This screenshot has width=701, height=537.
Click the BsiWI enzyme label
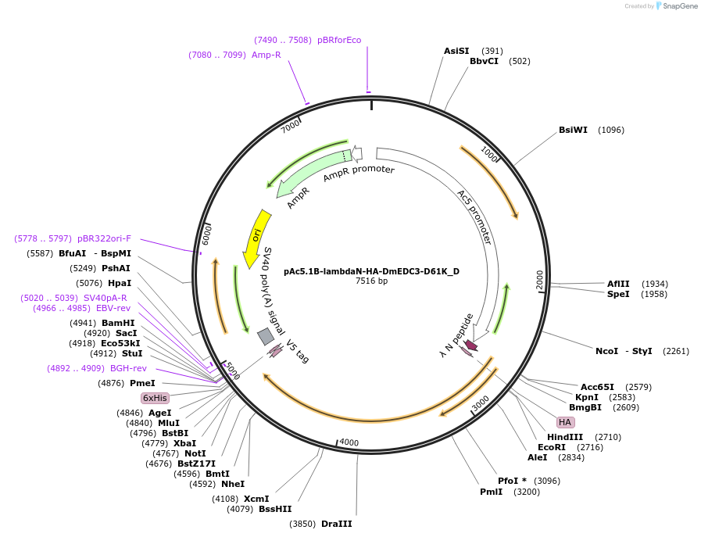(x=573, y=130)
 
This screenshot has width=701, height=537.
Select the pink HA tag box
(x=564, y=422)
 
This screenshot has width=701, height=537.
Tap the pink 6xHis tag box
(x=155, y=398)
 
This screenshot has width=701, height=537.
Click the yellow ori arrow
(x=256, y=237)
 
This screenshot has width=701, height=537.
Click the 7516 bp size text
(x=371, y=281)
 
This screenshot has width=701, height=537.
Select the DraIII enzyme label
(x=337, y=524)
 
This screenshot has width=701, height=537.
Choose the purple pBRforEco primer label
(x=339, y=40)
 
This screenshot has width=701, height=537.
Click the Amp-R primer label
(x=266, y=55)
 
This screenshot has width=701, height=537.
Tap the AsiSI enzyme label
(x=456, y=51)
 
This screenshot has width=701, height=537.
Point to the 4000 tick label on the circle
(x=349, y=442)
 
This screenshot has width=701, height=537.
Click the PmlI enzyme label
(x=492, y=492)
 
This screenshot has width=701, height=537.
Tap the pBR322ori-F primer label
(x=104, y=238)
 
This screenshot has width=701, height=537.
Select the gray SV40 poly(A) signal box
(x=266, y=336)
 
